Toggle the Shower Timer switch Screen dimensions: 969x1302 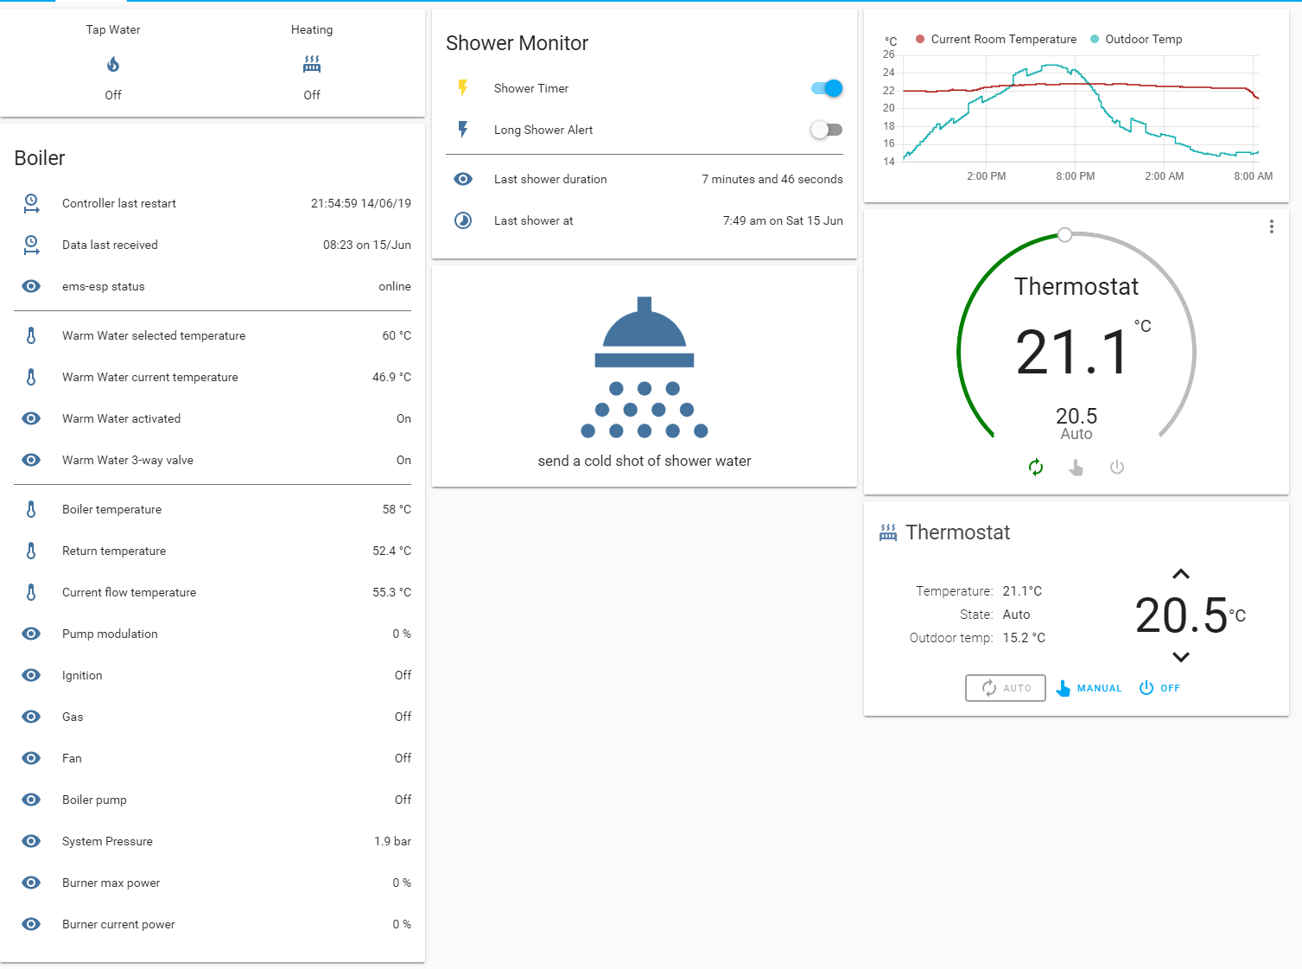827,88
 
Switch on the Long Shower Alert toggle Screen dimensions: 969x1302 827,130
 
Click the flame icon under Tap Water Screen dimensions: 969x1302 113,64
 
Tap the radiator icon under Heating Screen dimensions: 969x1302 312,64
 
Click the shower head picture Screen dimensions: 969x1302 645,367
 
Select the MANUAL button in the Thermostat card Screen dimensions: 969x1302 1089,688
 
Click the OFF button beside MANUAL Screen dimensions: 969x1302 1159,688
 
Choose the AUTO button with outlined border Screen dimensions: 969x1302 1006,688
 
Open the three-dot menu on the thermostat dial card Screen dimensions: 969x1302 1271,226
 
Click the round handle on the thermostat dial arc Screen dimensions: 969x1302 1065,234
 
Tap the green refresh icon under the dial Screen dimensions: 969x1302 1036,468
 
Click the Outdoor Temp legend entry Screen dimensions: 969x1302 1136,39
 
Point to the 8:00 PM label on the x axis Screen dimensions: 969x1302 1075,176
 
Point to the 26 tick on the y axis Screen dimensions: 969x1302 889,54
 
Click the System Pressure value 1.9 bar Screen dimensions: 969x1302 392,841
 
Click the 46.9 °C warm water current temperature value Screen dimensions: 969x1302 391,377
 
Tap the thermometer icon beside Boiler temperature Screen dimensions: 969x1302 31,509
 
